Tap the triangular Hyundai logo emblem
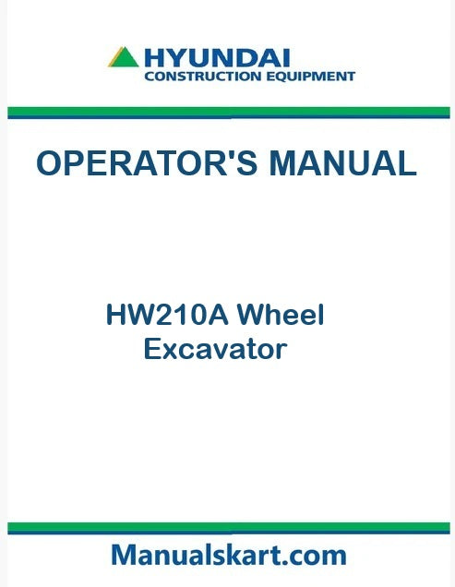click(x=124, y=58)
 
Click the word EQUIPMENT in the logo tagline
click(x=305, y=77)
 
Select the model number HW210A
click(x=167, y=317)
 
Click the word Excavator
click(x=215, y=350)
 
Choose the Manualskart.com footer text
click(x=228, y=555)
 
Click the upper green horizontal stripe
click(x=228, y=112)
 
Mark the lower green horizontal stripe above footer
click(x=228, y=527)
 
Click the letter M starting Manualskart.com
click(x=124, y=555)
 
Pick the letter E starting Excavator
click(x=152, y=350)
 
